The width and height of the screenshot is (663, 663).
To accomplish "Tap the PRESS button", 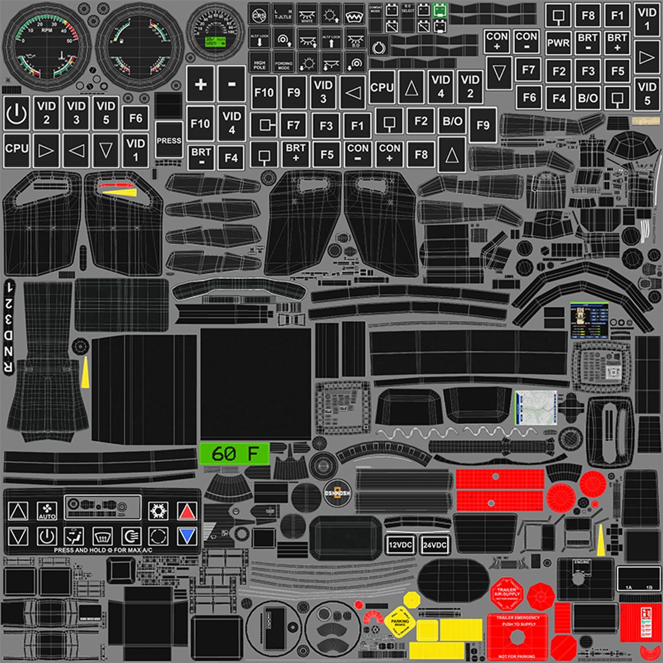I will pyautogui.click(x=169, y=140).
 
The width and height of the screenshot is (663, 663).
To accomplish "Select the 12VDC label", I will pyautogui.click(x=401, y=545).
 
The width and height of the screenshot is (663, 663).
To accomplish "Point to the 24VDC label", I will pyautogui.click(x=435, y=545).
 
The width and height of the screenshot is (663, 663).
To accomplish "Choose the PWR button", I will pyautogui.click(x=558, y=44).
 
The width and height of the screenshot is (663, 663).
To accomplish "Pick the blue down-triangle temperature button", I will pyautogui.click(x=187, y=536).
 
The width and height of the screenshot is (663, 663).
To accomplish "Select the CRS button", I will pyautogui.click(x=260, y=14).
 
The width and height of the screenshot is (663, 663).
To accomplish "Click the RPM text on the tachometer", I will pyautogui.click(x=46, y=29).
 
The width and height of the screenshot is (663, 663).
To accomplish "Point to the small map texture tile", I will pyautogui.click(x=535, y=406).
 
